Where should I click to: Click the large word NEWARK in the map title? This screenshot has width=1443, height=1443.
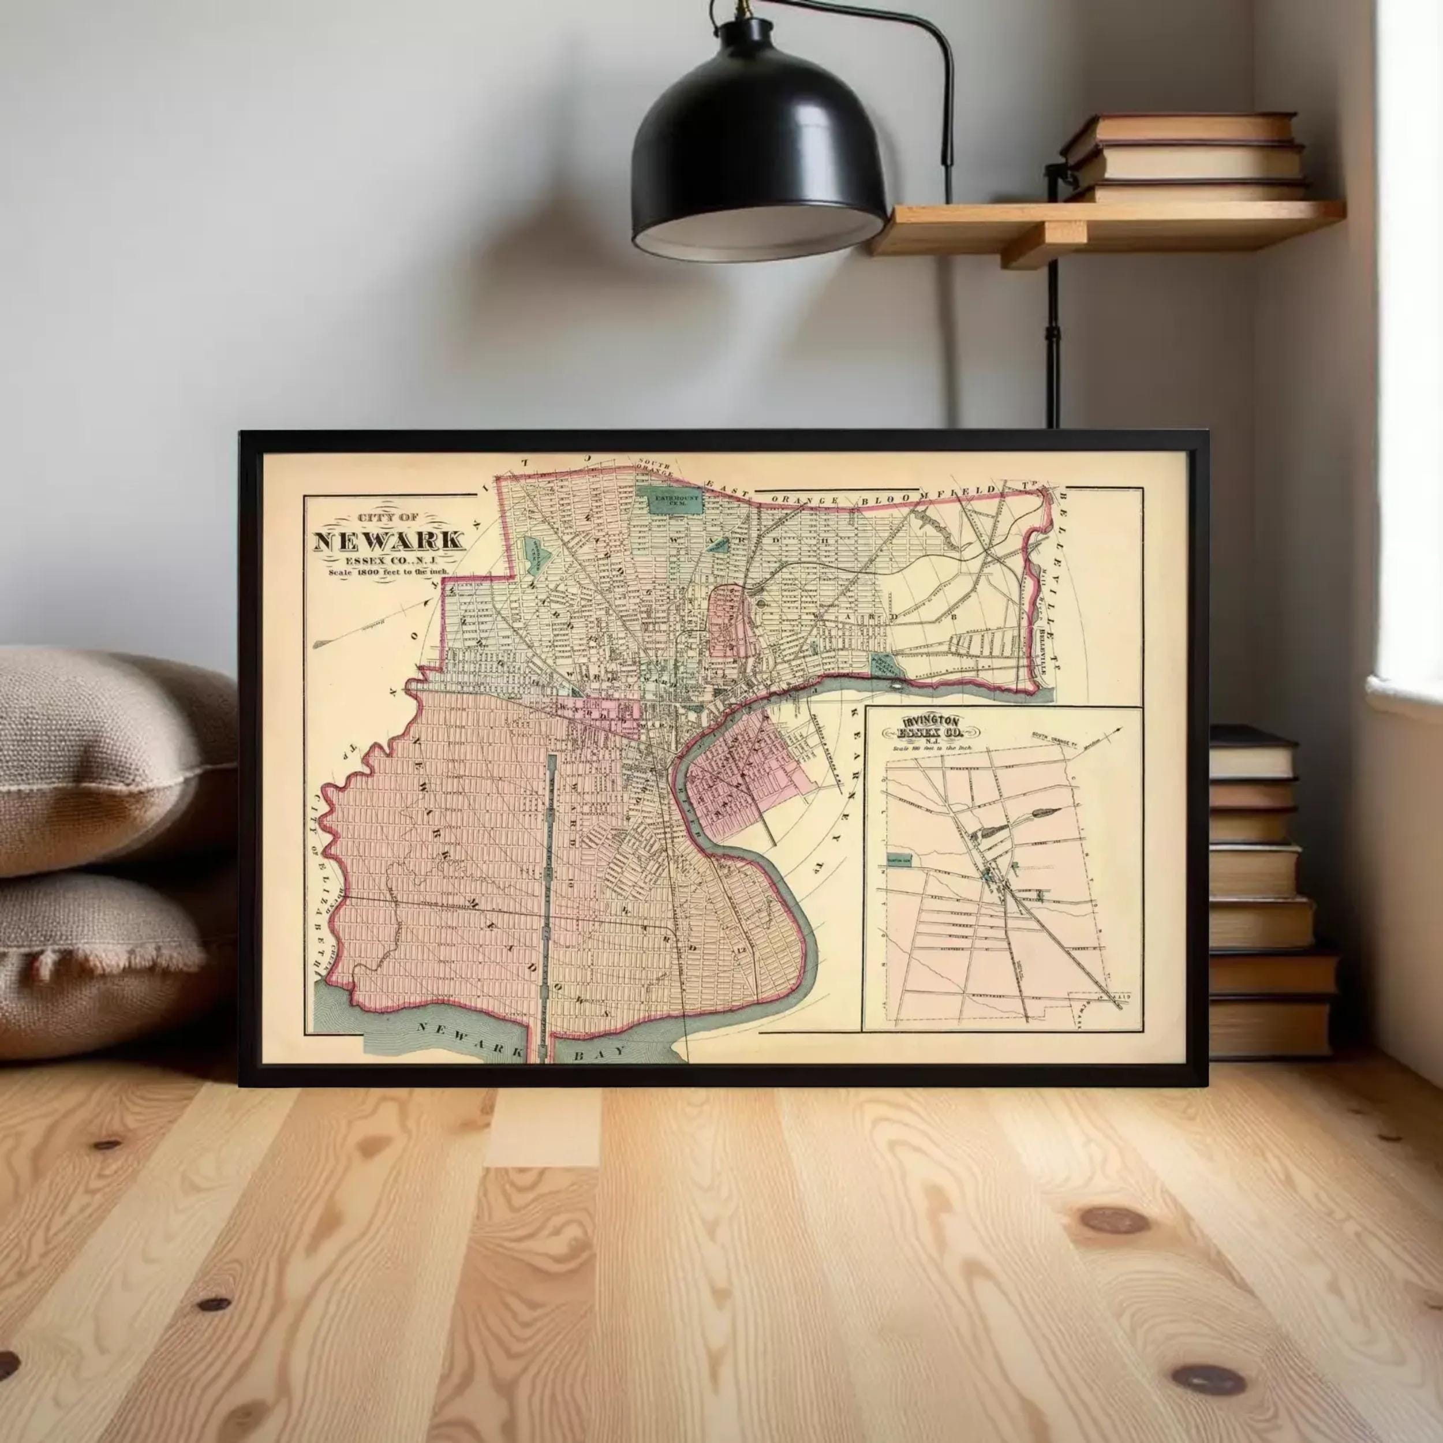tap(388, 541)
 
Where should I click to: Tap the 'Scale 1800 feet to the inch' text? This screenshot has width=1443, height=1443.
tap(388, 572)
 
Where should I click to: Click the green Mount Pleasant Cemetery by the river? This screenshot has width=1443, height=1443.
tap(887, 663)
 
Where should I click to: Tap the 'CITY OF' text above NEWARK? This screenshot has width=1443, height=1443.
tap(388, 518)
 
